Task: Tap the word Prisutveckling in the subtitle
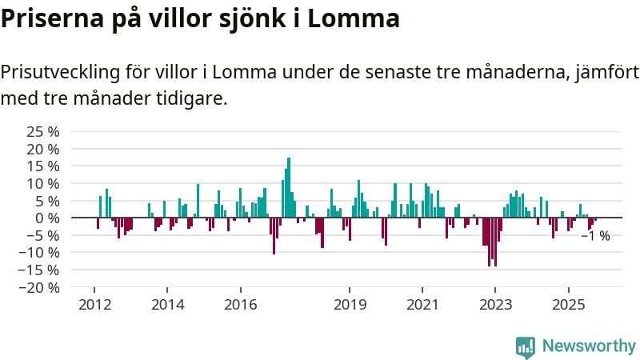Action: [x=60, y=73]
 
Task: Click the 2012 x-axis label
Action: [x=94, y=305]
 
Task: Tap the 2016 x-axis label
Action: [x=241, y=305]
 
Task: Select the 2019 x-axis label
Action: [x=350, y=305]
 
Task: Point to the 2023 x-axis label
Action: [x=495, y=305]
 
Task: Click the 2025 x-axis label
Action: [x=568, y=305]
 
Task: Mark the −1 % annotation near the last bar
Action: [x=595, y=236]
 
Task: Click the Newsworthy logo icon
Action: [x=526, y=346]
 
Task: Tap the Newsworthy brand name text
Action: [x=589, y=346]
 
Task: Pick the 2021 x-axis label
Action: [x=422, y=305]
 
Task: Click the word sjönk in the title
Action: [x=270, y=18]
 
